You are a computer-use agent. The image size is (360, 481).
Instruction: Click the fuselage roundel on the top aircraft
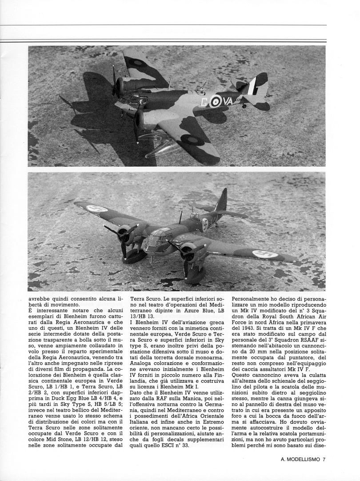(216, 102)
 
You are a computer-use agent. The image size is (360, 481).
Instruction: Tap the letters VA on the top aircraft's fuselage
(228, 101)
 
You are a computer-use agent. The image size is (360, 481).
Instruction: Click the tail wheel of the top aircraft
(244, 106)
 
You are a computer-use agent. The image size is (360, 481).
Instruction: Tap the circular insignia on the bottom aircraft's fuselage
(205, 224)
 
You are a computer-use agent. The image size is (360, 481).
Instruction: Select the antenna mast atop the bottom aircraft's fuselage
(180, 217)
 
